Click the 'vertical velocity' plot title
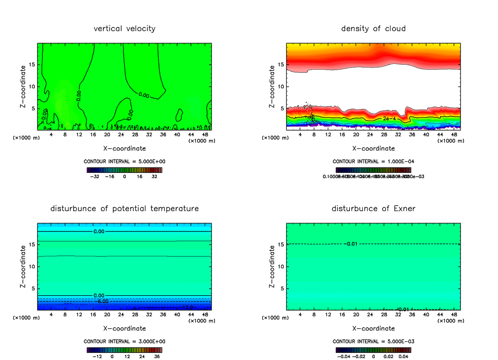[124, 29]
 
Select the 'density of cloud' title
[373, 29]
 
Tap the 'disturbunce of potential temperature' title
[124, 208]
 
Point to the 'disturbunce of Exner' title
[373, 208]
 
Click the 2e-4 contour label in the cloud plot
[389, 119]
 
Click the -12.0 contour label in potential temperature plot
[188, 307]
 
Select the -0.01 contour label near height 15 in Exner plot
[351, 243]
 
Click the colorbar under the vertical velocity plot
[124, 170]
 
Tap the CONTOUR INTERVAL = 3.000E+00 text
[124, 341]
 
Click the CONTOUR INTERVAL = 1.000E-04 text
[373, 162]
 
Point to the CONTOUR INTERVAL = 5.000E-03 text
[373, 341]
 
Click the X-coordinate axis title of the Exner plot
[373, 328]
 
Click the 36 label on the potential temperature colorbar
[156, 356]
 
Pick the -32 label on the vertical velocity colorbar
[95, 176]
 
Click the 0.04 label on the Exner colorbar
[404, 356]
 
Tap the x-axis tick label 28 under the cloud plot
[384, 134]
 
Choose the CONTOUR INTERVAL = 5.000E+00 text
[124, 162]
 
